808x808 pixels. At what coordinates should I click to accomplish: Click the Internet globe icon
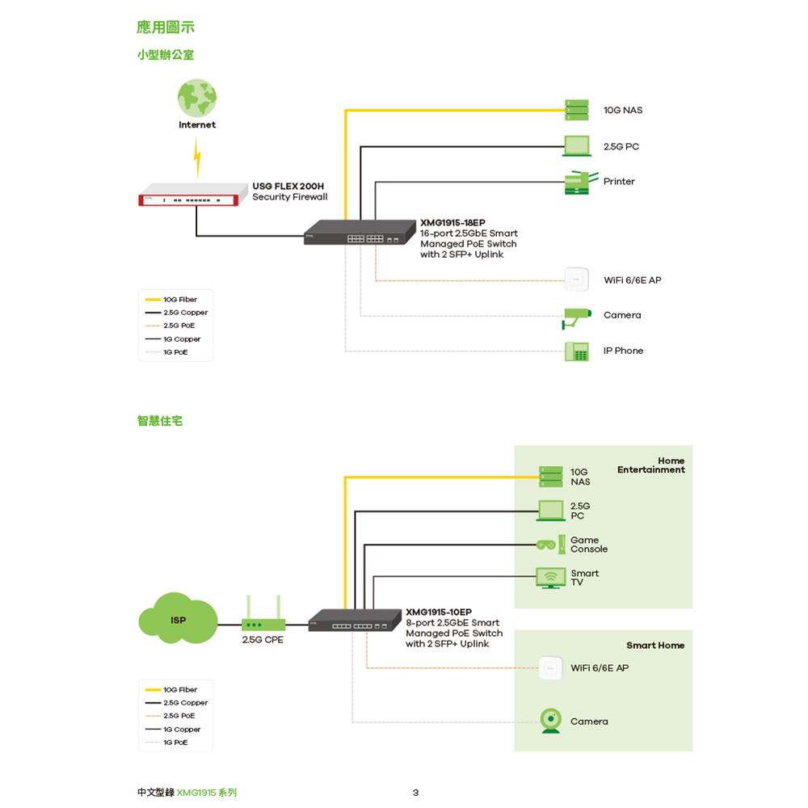pyautogui.click(x=197, y=98)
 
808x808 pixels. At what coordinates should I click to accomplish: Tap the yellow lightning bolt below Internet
pyautogui.click(x=197, y=157)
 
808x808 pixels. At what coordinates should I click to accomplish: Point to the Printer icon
pyautogui.click(x=581, y=183)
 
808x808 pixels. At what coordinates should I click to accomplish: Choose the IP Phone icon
pyautogui.click(x=576, y=351)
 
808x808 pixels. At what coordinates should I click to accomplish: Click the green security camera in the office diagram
pyautogui.click(x=576, y=316)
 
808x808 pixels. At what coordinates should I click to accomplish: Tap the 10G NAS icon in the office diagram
pyautogui.click(x=577, y=111)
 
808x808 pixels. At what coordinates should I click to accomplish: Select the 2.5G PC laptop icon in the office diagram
pyautogui.click(x=577, y=146)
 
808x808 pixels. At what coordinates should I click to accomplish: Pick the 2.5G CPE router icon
pyautogui.click(x=263, y=618)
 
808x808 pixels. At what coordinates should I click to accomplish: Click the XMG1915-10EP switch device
pyautogui.click(x=350, y=621)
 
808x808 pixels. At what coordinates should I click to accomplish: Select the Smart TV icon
pyautogui.click(x=551, y=578)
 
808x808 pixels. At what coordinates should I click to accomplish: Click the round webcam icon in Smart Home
pyautogui.click(x=551, y=721)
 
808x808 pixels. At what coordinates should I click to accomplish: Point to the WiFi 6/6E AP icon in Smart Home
pyautogui.click(x=551, y=668)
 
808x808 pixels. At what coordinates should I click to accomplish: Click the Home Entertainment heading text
pyautogui.click(x=650, y=465)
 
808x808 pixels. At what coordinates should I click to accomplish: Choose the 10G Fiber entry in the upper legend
pyautogui.click(x=173, y=300)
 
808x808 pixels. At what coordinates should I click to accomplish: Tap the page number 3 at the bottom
pyautogui.click(x=415, y=793)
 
